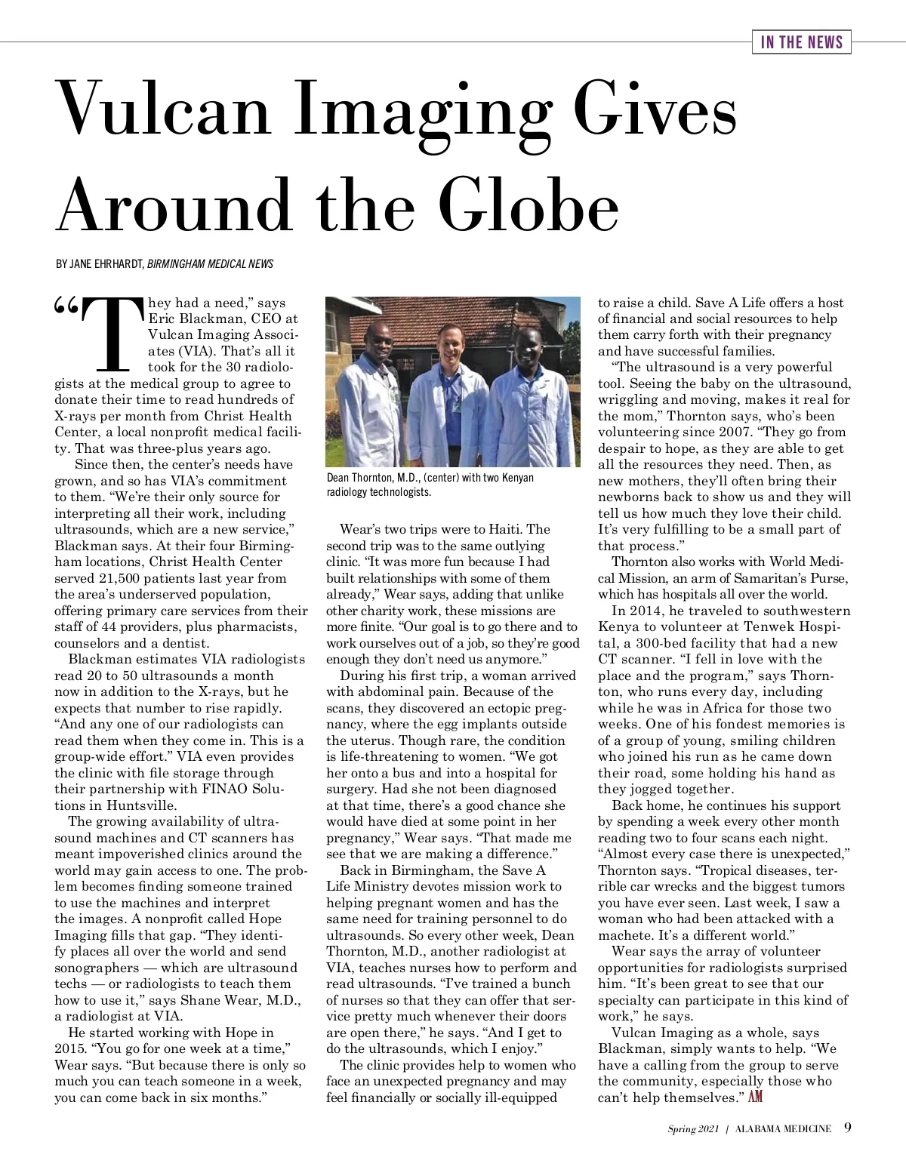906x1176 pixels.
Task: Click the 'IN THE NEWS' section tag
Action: pyautogui.click(x=801, y=42)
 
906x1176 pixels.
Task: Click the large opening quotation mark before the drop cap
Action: pyautogui.click(x=66, y=306)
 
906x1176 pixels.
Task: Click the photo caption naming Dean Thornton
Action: pyautogui.click(x=430, y=485)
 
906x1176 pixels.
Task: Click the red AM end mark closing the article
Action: pyautogui.click(x=757, y=1097)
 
